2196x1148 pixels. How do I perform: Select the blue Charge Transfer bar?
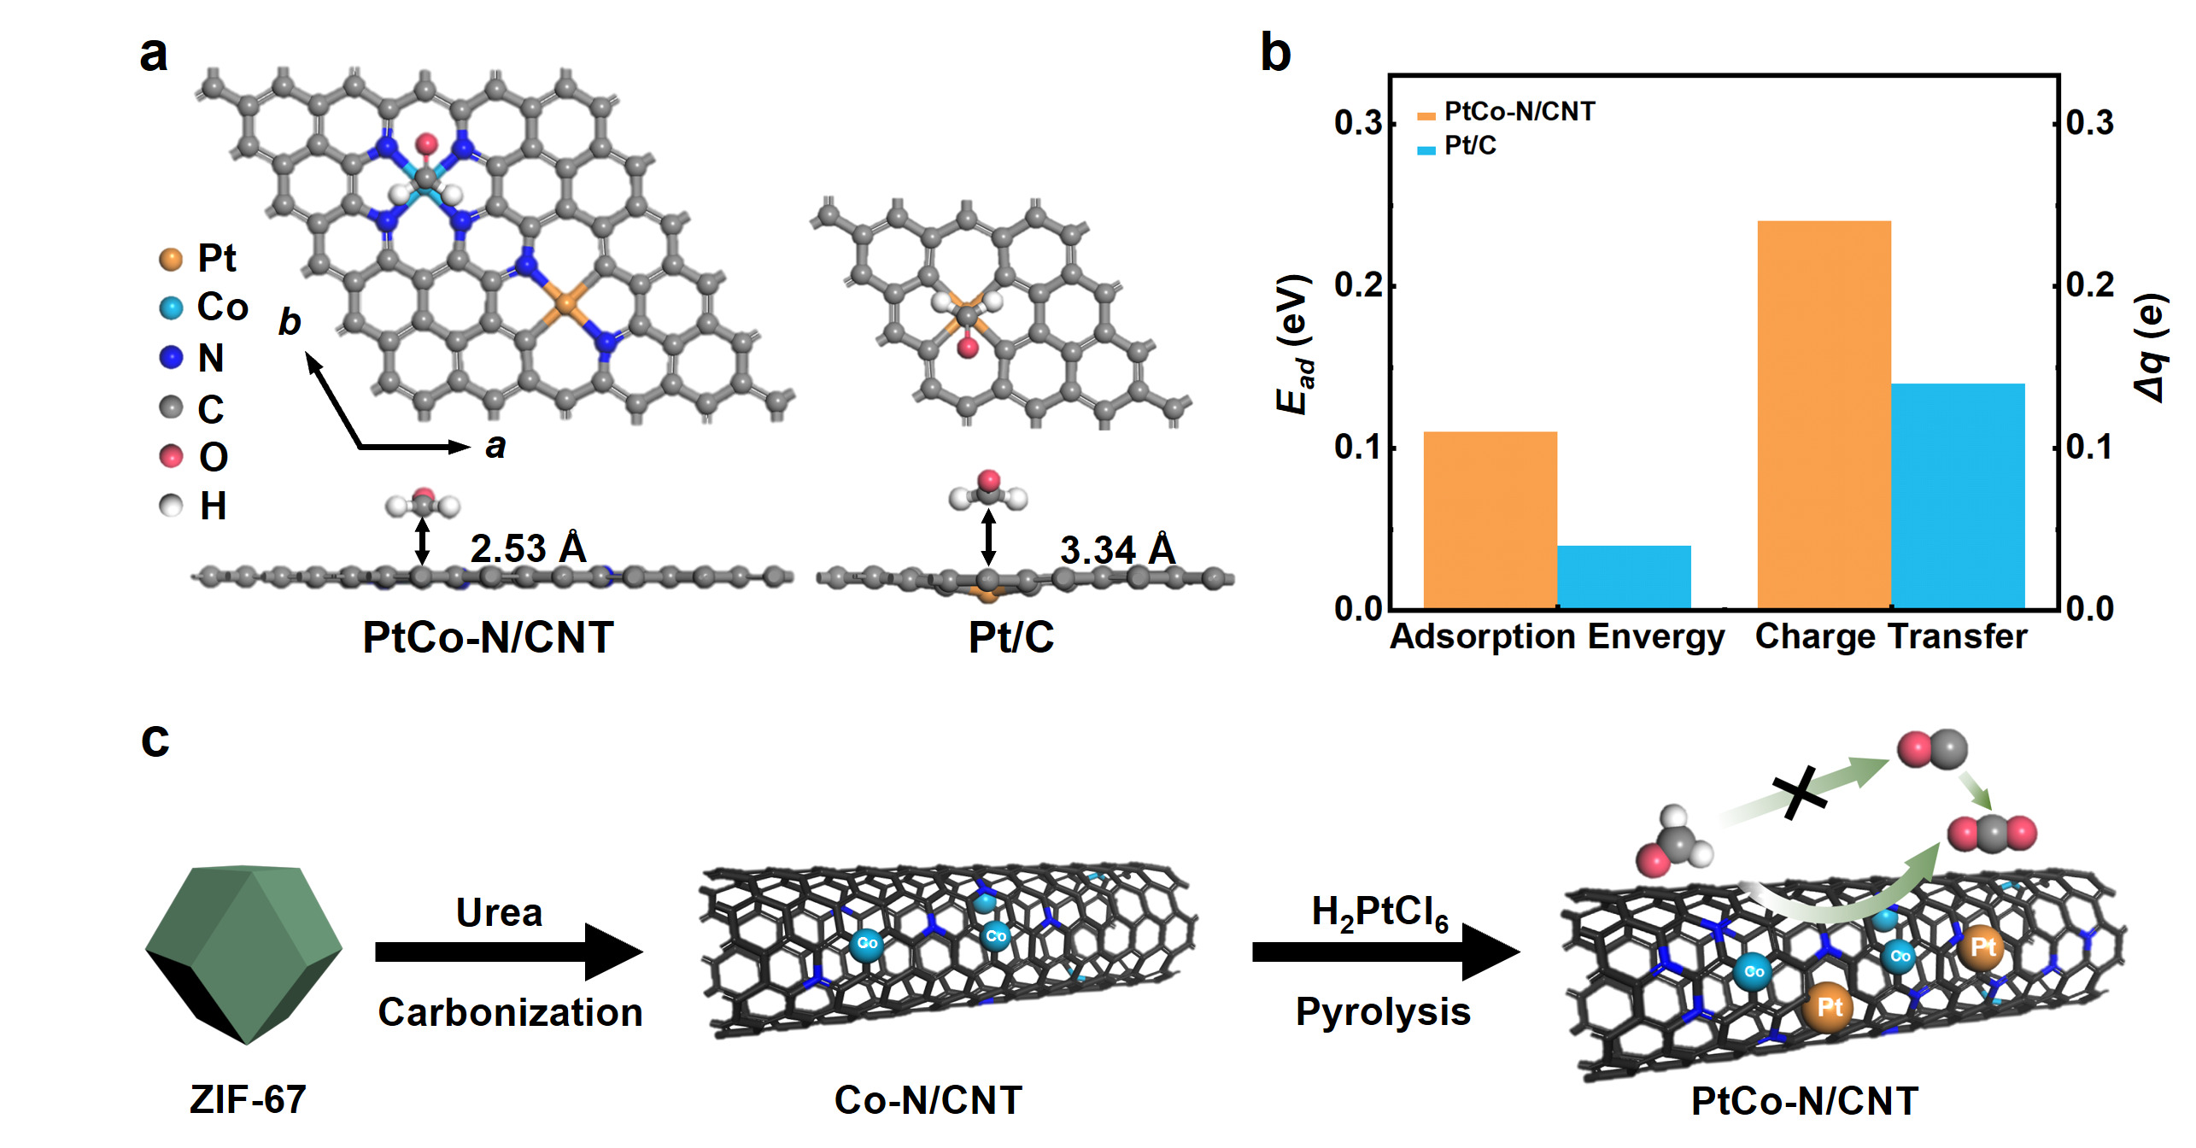click(x=1958, y=495)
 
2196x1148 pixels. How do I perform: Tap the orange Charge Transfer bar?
click(x=1824, y=414)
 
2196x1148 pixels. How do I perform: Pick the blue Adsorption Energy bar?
click(x=1624, y=577)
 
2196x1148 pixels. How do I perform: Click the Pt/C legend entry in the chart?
click(x=1469, y=147)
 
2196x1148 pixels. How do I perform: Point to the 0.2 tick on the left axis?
click(x=1358, y=285)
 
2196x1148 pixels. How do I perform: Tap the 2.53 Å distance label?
click(x=528, y=548)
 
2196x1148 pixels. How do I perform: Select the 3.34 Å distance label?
click(x=1118, y=550)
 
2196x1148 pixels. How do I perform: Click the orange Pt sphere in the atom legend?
click(x=171, y=259)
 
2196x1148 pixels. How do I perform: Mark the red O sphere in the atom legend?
click(x=171, y=456)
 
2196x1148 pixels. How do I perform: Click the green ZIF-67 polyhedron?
click(x=244, y=952)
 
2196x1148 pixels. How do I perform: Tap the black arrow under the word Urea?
click(x=508, y=952)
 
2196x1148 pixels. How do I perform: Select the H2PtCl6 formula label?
click(x=1379, y=913)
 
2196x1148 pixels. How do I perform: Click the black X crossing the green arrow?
click(x=1799, y=792)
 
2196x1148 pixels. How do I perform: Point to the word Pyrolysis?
click(x=1383, y=1012)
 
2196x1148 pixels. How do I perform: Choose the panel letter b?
click(x=1275, y=53)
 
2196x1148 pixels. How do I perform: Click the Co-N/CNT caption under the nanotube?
click(x=928, y=1100)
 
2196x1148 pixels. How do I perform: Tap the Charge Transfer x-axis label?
click(x=1891, y=637)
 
